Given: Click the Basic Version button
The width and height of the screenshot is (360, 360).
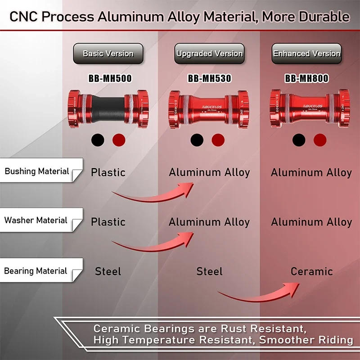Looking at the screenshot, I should pos(108,54).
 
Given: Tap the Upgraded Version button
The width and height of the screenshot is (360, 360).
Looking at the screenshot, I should pos(209,54).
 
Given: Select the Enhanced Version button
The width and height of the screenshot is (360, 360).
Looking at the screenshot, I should pos(307,54).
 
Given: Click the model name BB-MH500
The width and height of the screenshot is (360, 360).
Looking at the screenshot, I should pos(110,79).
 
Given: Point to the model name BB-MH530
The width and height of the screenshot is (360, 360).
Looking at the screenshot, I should pos(209,79).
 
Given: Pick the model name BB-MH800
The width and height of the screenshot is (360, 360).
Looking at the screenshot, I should pos(307,79).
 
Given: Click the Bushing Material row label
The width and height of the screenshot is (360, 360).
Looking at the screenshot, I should pos(37,171).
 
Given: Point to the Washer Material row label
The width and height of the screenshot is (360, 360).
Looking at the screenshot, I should pos(36,220).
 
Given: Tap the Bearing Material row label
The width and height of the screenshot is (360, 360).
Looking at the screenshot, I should pos(36,271).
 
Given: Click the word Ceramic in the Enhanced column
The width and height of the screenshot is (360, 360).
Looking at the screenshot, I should pos(311,271).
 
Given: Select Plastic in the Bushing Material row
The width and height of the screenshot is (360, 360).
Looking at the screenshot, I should pos(108,172).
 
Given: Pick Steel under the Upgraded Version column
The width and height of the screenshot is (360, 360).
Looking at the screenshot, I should pos(209,271).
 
